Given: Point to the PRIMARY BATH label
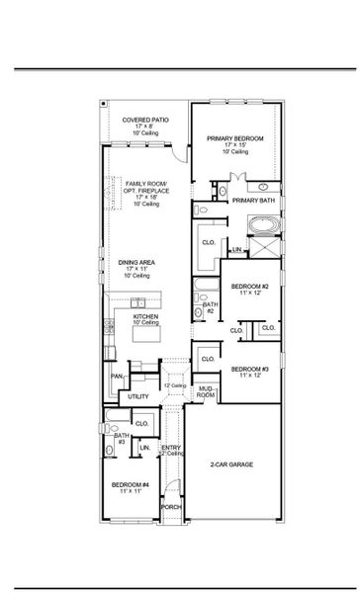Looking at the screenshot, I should [252, 201].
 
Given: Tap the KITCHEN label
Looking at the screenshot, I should [146, 316].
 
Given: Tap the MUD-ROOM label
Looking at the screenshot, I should [205, 392].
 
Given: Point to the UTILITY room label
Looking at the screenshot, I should [137, 396].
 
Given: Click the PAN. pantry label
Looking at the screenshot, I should [117, 376].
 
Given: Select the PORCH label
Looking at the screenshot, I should [171, 507].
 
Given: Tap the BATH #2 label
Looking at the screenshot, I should [210, 308].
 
